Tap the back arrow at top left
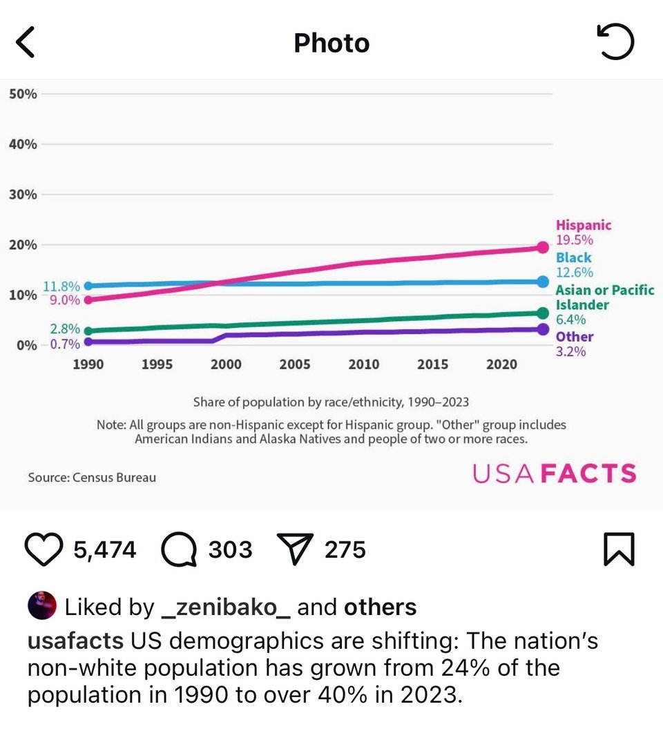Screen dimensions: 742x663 click(x=26, y=43)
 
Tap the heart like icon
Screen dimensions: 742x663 click(x=44, y=550)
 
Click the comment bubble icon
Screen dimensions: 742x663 click(x=179, y=550)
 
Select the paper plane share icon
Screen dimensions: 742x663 click(x=295, y=549)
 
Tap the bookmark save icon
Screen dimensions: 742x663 click(x=619, y=550)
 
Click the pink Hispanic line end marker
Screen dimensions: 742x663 click(x=543, y=247)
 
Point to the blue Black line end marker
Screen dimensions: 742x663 click(x=543, y=282)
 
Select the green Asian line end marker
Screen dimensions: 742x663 click(x=543, y=313)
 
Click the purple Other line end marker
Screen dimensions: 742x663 click(x=543, y=329)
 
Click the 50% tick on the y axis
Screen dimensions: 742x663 click(x=23, y=94)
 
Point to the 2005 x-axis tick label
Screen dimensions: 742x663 click(x=294, y=364)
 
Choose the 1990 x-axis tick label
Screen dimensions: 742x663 click(x=88, y=364)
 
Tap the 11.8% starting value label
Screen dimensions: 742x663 click(x=61, y=286)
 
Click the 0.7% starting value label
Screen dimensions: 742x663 click(x=65, y=343)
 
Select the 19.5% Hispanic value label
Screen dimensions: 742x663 click(x=575, y=240)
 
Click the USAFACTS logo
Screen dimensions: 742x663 click(x=554, y=473)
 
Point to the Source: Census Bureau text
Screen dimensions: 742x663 click(x=92, y=477)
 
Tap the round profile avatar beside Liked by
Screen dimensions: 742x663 click(x=41, y=607)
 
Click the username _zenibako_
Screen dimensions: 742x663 click(x=225, y=607)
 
